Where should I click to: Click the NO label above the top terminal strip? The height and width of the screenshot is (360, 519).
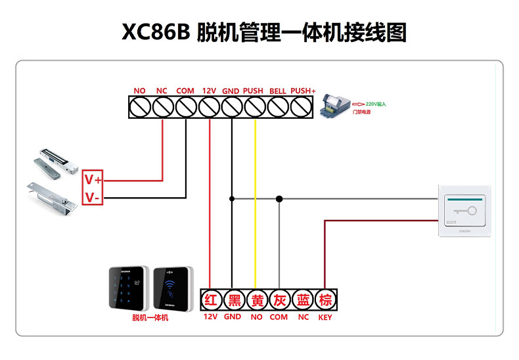(139, 91)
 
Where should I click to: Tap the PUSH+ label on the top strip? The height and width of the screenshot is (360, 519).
(303, 91)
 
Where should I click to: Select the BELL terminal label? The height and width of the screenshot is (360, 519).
(278, 91)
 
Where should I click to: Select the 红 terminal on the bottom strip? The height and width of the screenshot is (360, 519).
(210, 301)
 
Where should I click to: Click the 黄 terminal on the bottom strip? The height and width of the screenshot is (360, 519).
(256, 301)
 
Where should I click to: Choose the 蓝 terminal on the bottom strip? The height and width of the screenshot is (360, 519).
(303, 301)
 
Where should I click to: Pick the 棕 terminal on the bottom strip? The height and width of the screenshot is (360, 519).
(325, 301)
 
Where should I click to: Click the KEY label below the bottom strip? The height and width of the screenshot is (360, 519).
(325, 317)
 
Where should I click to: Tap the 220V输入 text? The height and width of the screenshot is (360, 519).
(376, 104)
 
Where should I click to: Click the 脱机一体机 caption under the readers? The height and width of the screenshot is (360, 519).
(150, 318)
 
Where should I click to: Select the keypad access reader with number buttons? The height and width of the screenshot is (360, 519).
(129, 287)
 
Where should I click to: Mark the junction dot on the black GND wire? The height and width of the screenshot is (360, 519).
(231, 198)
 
